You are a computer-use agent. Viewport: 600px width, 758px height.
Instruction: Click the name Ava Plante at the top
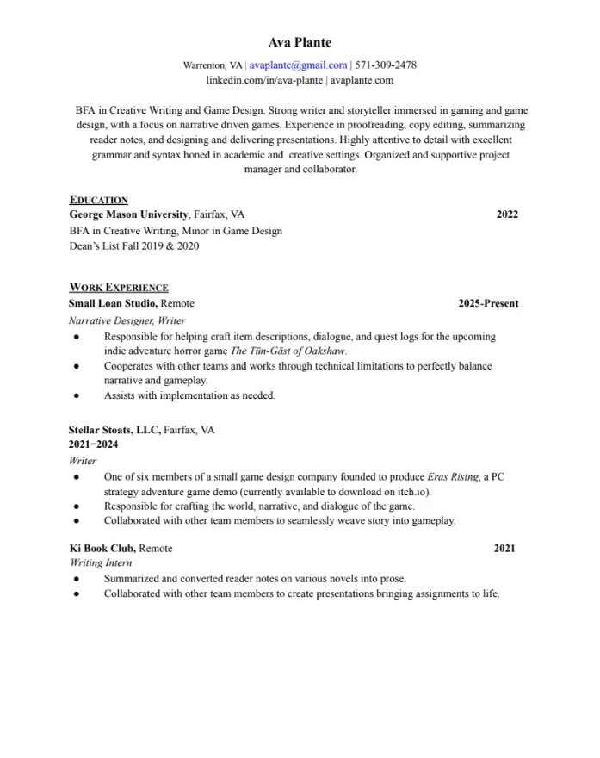(300, 42)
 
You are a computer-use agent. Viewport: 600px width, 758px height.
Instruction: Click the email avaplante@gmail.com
(298, 65)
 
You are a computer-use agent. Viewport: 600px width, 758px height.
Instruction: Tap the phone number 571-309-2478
(386, 65)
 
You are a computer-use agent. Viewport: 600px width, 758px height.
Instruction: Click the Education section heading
(98, 200)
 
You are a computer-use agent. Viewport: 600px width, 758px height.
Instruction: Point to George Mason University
(128, 214)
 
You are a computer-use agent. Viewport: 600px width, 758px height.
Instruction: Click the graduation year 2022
(507, 214)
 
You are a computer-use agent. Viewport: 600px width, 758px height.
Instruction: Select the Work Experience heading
(119, 288)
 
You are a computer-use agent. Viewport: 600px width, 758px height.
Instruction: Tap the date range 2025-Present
(488, 303)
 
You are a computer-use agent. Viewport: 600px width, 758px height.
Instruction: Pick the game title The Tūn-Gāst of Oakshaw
(288, 351)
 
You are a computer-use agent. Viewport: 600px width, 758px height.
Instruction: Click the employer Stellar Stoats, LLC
(114, 429)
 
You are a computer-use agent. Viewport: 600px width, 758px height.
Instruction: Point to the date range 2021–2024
(93, 444)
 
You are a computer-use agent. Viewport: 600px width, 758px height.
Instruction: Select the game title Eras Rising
(453, 476)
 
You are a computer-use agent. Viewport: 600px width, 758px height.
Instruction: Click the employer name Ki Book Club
(102, 548)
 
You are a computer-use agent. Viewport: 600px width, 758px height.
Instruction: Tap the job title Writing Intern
(100, 562)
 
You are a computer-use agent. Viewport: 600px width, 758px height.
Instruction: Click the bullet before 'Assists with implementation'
(77, 396)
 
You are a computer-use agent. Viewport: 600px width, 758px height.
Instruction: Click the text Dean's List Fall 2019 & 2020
(133, 245)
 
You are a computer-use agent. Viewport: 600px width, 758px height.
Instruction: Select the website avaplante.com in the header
(362, 80)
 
